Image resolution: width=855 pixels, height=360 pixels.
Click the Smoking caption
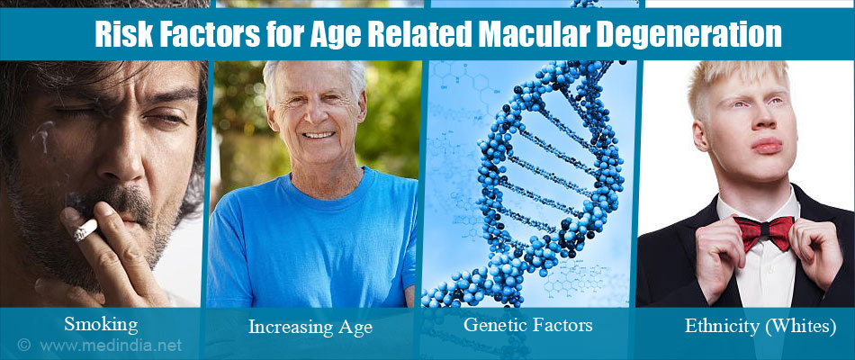(101, 325)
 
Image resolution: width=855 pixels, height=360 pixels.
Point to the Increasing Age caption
(310, 327)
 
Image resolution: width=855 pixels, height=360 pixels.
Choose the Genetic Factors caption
(527, 325)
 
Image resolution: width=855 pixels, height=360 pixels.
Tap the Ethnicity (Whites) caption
(760, 326)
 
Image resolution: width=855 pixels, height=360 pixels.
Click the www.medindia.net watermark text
(111, 345)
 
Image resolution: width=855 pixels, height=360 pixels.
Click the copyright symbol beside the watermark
(23, 345)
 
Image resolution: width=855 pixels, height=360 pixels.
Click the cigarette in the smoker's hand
(85, 230)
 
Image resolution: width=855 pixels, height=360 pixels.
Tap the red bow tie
(763, 232)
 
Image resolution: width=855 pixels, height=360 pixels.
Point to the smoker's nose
(121, 156)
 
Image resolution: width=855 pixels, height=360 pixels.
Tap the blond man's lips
(766, 146)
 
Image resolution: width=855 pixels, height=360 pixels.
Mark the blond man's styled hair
(736, 82)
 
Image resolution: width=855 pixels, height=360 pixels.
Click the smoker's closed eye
(164, 118)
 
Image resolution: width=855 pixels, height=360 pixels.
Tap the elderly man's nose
(317, 114)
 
